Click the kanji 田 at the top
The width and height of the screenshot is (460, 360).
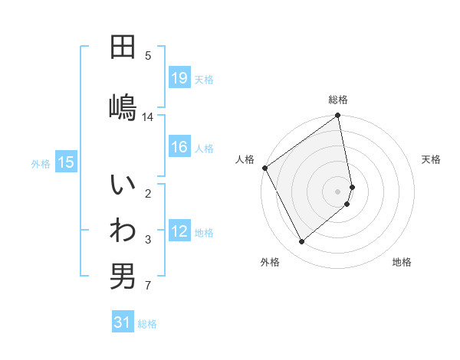click(x=123, y=48)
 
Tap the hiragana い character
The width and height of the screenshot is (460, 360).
click(x=123, y=186)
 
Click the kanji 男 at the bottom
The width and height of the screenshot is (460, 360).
click(x=123, y=277)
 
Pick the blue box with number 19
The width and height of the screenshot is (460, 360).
click(x=179, y=77)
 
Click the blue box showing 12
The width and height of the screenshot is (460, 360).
click(x=179, y=231)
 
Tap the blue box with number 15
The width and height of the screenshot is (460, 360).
click(x=66, y=162)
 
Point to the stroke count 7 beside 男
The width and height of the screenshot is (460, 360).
click(x=148, y=286)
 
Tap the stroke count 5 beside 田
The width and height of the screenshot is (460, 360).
click(x=148, y=55)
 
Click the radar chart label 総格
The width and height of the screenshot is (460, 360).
click(x=338, y=100)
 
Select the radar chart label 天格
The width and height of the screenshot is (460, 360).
click(x=431, y=159)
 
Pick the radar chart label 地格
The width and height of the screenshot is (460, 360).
click(x=402, y=262)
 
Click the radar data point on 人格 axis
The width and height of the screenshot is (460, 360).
click(x=264, y=168)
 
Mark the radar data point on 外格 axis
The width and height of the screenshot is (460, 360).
click(x=302, y=242)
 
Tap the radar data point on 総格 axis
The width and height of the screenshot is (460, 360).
click(x=338, y=116)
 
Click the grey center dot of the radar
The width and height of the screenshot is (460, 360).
click(x=338, y=191)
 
